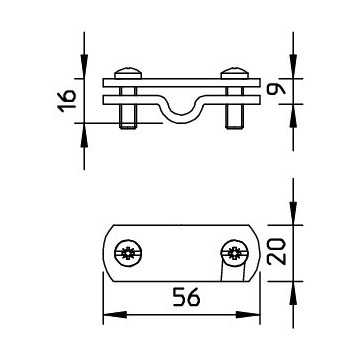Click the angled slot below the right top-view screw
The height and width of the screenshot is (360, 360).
click(x=221, y=271)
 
